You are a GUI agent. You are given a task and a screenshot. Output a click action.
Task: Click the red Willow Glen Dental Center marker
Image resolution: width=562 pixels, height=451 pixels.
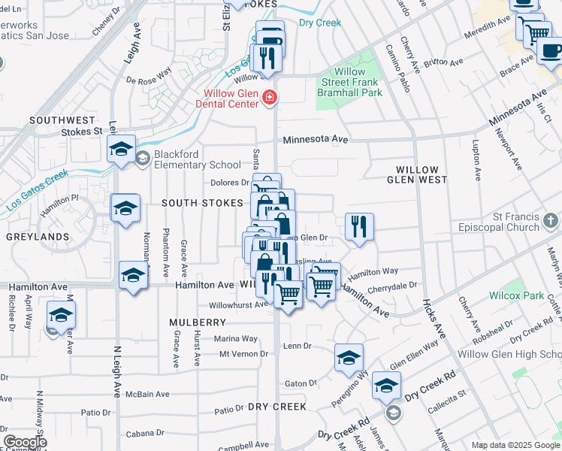270,98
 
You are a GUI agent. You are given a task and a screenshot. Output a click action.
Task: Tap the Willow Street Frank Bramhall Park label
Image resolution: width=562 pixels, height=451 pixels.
348,82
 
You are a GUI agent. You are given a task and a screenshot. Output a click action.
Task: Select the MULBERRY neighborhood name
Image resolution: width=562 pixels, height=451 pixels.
193,322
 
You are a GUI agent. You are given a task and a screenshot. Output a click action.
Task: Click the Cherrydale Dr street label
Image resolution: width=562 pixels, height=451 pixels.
391,286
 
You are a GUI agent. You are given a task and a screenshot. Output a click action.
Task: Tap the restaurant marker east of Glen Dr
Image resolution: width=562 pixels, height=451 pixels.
359,226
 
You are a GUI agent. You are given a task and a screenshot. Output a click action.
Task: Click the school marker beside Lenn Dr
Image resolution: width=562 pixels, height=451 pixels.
349,358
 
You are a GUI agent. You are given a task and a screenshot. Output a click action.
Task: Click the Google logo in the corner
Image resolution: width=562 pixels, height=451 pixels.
25,442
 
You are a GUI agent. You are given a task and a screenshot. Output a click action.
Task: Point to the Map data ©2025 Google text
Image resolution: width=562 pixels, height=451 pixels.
515,445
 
